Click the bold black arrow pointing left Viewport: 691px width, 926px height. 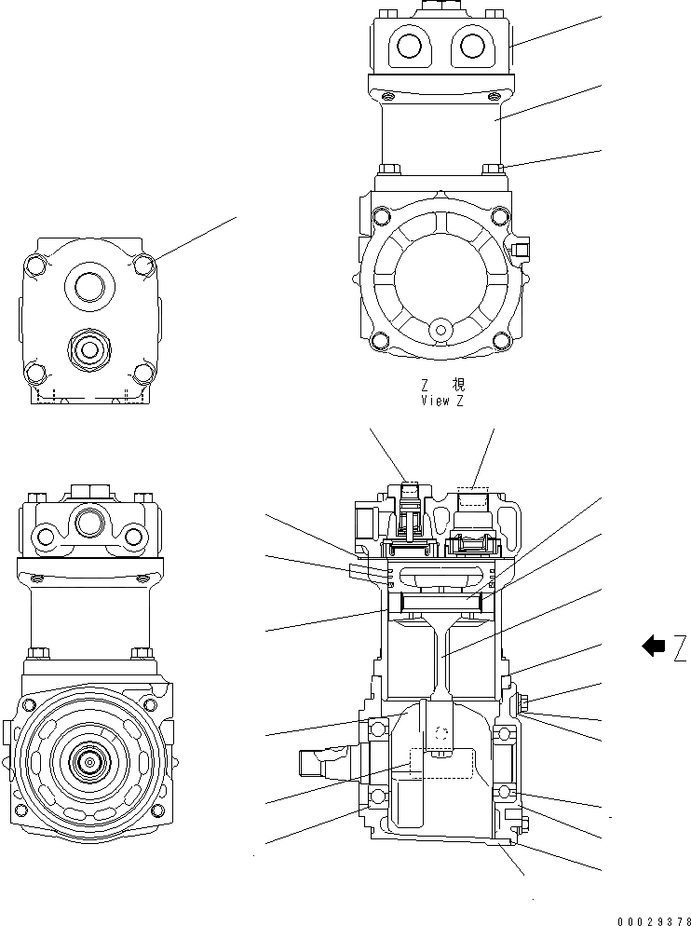[x=654, y=646]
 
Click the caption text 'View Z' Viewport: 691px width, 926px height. [x=441, y=400]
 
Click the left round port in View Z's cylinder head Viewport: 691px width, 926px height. [x=407, y=45]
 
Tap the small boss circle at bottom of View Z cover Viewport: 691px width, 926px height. [x=440, y=328]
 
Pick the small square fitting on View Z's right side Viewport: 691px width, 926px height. [x=519, y=249]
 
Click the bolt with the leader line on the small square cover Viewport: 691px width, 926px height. [x=143, y=265]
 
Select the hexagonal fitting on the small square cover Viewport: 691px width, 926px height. [x=91, y=349]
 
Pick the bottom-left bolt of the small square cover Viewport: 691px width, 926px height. [x=37, y=374]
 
